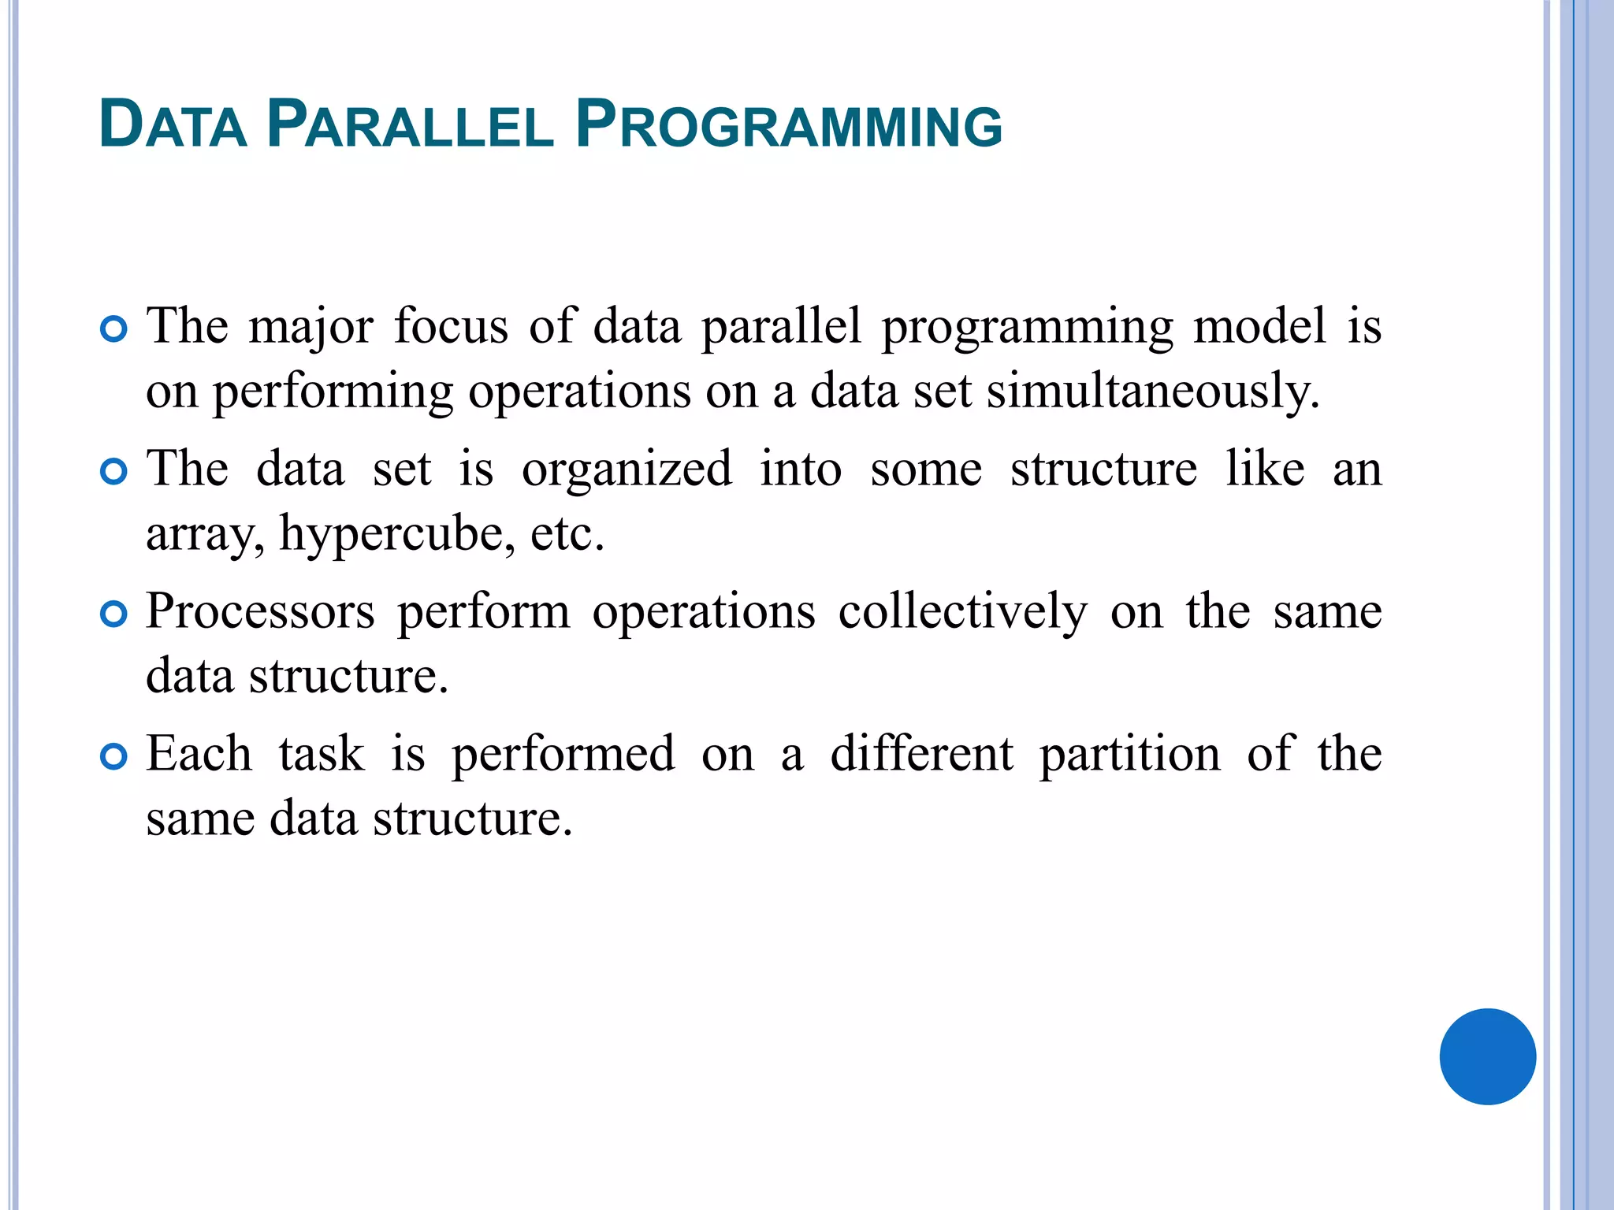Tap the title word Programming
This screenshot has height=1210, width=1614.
[788, 124]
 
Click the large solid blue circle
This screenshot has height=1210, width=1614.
[1487, 1056]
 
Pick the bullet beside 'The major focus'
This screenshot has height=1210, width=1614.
[114, 328]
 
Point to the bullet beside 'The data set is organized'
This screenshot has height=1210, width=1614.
[114, 472]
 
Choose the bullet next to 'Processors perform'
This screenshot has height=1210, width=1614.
[114, 614]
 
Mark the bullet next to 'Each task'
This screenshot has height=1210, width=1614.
[114, 756]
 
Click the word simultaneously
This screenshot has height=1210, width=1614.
[1152, 392]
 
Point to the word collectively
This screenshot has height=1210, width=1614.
[962, 613]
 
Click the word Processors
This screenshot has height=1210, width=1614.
[260, 612]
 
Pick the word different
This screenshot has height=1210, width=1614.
[921, 754]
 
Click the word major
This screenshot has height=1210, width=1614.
[311, 328]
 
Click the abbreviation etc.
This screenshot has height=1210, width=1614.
[566, 534]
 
